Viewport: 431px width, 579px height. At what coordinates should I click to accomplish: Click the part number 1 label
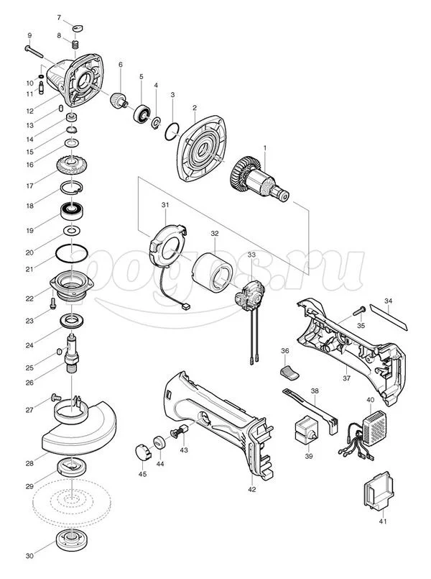(x=264, y=149)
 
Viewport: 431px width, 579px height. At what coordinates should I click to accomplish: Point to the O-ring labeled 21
(x=72, y=255)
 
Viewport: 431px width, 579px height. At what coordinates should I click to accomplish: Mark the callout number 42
(x=251, y=488)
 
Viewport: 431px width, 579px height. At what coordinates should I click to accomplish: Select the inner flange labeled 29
(x=72, y=468)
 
